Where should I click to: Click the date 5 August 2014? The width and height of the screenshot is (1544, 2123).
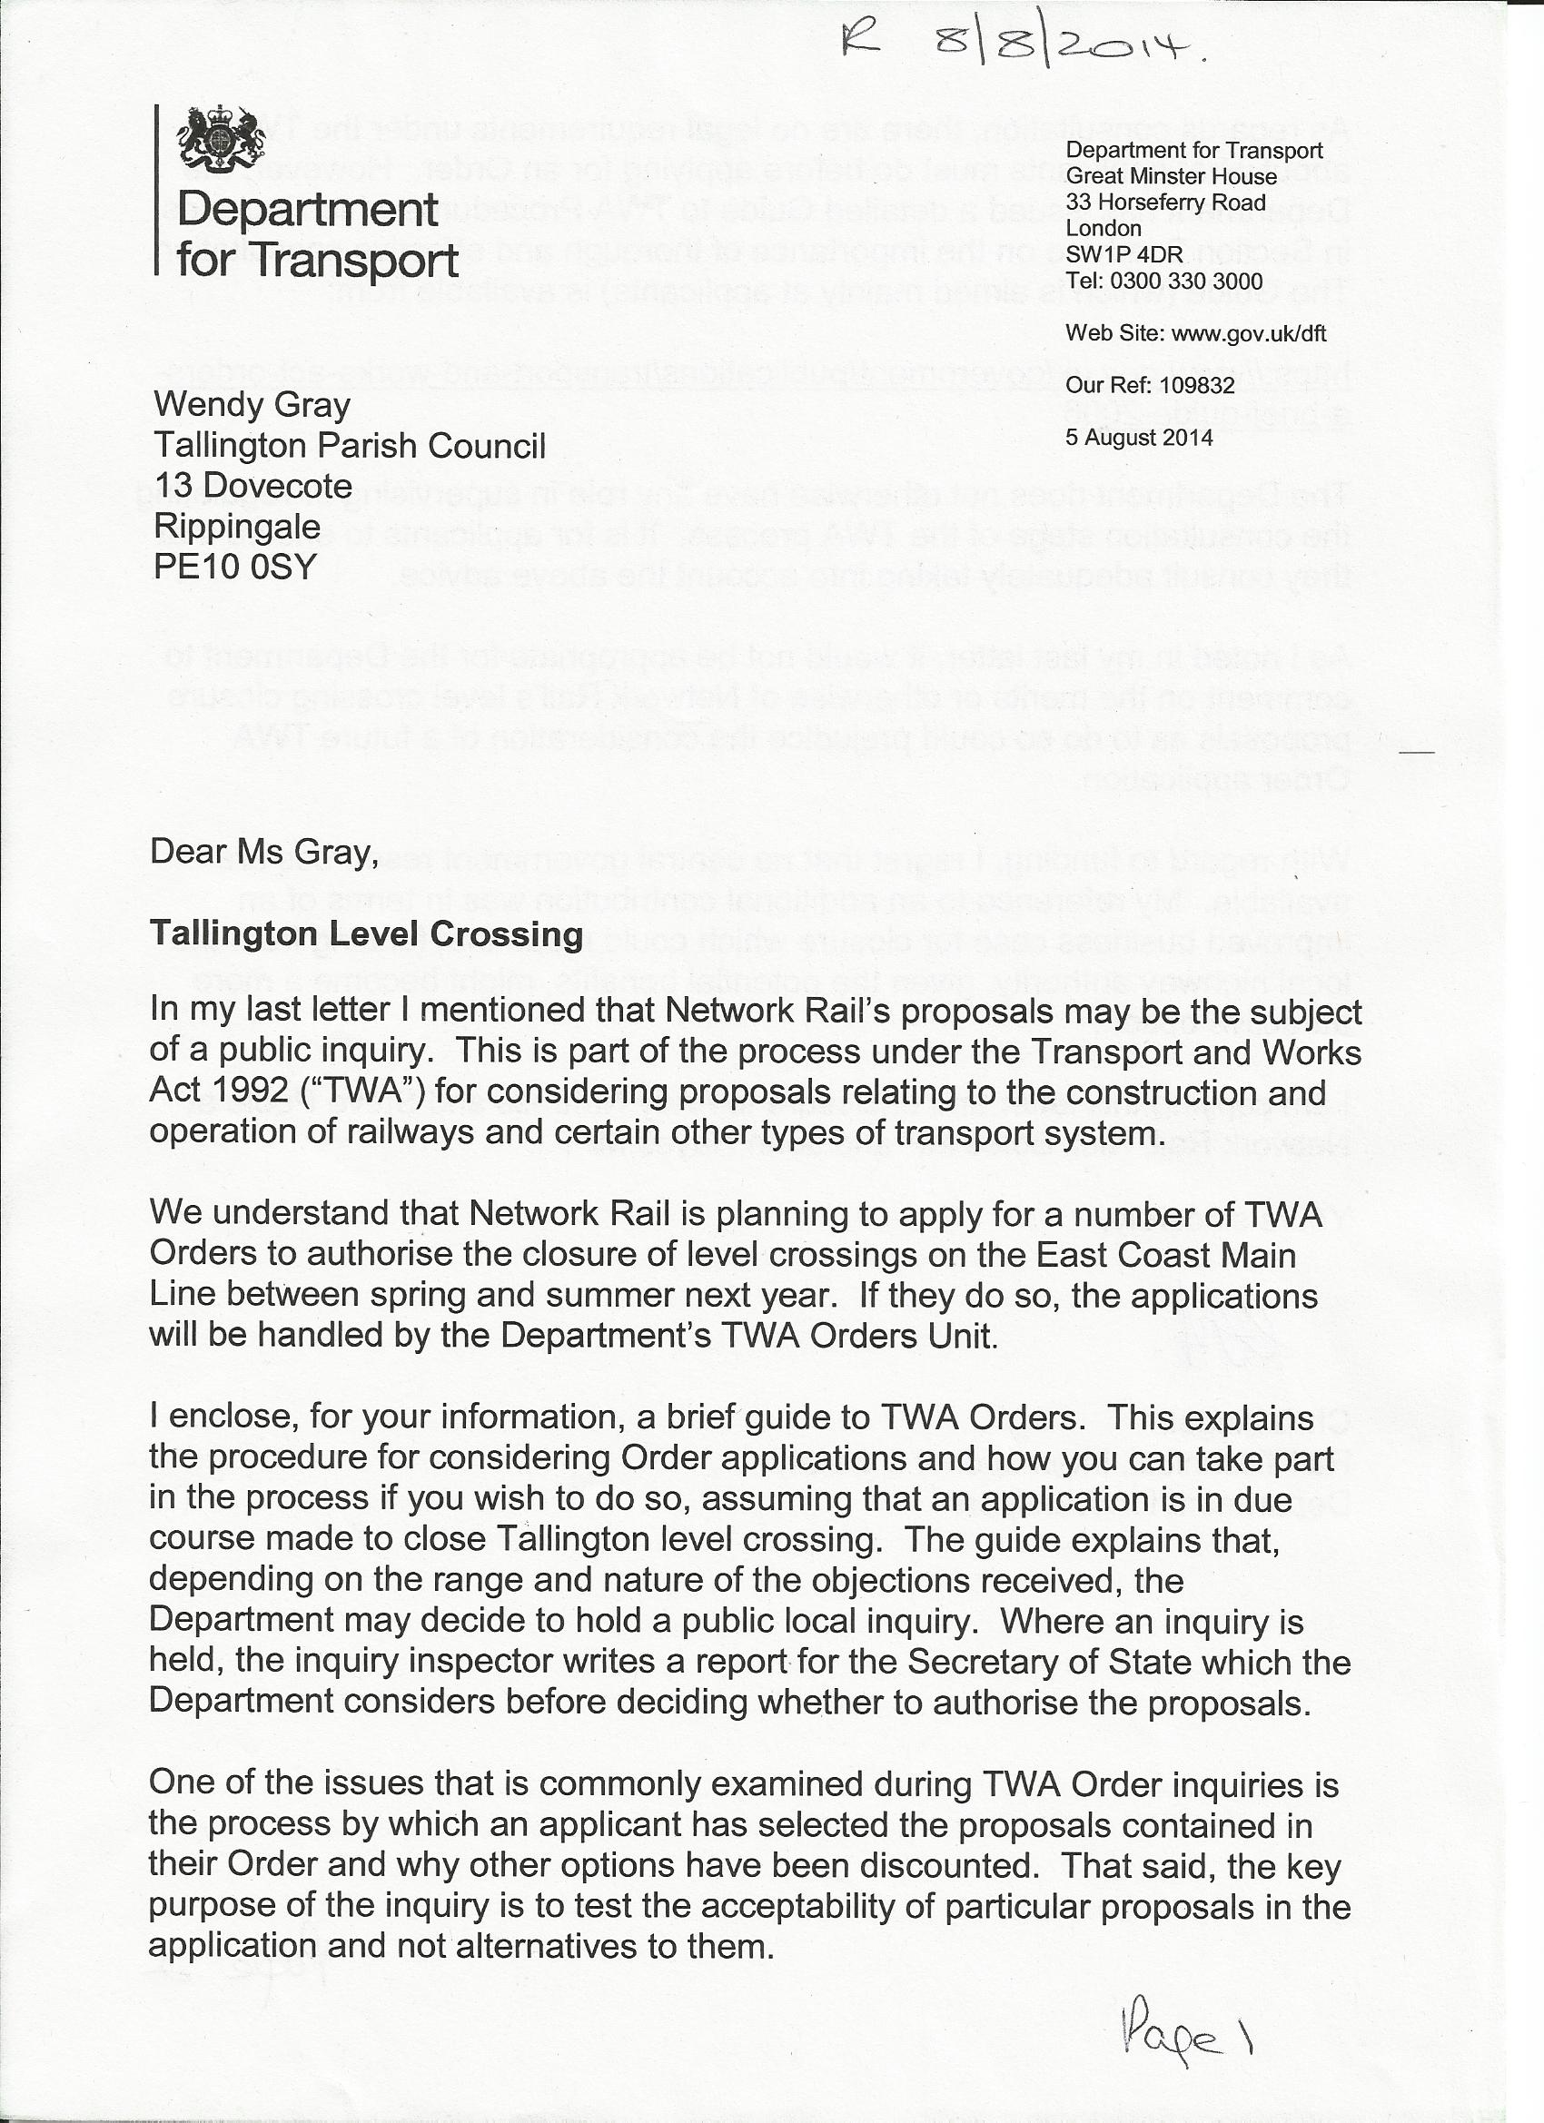[1139, 437]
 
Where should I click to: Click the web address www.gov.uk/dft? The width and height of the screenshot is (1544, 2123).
[1249, 333]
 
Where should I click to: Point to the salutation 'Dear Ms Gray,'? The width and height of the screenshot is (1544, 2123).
[264, 851]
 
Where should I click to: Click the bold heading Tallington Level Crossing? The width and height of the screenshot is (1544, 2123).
[366, 934]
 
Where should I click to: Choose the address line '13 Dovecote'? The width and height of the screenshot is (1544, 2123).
[252, 486]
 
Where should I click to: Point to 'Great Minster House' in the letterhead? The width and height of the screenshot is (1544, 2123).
[1171, 176]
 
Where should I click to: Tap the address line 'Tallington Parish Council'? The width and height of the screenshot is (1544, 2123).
[350, 446]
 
